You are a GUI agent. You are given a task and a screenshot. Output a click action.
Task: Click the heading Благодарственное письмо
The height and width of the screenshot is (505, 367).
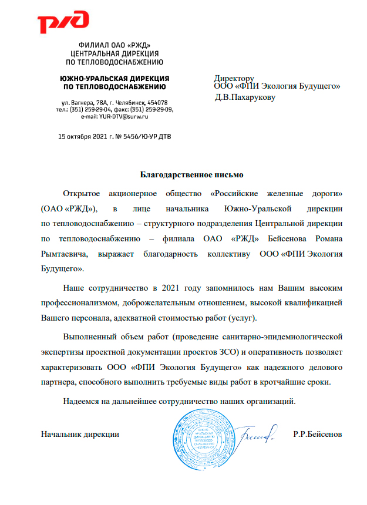(184, 174)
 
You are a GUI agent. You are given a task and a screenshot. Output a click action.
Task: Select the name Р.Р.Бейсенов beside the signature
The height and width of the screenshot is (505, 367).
(317, 435)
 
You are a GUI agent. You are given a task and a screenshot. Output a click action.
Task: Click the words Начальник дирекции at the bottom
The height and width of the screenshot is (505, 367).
(80, 435)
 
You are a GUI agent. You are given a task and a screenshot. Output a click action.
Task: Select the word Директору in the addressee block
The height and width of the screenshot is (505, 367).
(234, 78)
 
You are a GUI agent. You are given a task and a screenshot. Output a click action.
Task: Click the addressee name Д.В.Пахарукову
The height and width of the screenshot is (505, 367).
(245, 97)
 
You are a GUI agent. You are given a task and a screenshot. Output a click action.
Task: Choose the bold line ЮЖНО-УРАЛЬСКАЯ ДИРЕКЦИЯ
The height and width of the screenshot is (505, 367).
(115, 78)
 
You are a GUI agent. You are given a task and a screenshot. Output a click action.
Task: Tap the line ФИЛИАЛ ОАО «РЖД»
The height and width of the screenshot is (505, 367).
(115, 46)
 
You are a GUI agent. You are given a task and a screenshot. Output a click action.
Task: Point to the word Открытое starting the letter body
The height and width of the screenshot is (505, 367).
(82, 193)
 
